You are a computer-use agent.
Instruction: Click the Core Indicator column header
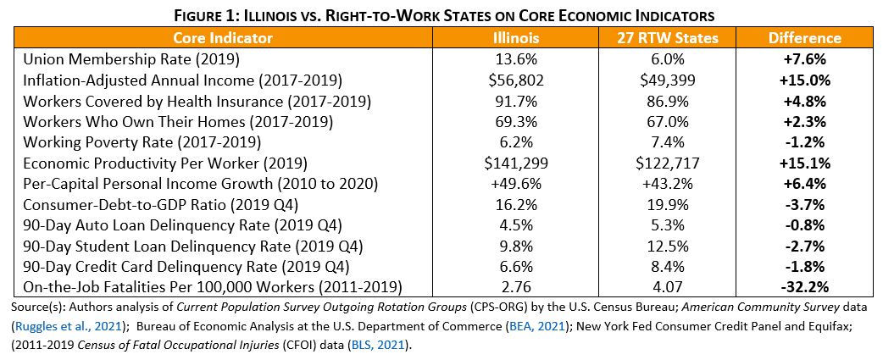(x=223, y=38)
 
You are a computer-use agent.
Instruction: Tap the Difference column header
(x=804, y=38)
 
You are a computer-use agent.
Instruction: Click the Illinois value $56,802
(x=518, y=80)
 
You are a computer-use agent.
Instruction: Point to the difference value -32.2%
(x=804, y=287)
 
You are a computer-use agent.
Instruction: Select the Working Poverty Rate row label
(x=142, y=141)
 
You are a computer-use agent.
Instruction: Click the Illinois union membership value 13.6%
(x=518, y=60)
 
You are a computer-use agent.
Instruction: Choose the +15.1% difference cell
(x=804, y=162)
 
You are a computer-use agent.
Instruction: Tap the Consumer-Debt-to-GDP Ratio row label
(x=159, y=204)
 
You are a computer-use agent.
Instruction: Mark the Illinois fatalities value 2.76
(x=518, y=287)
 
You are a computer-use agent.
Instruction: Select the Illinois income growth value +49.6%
(x=518, y=183)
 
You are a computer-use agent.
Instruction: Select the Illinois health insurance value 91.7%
(x=518, y=101)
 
